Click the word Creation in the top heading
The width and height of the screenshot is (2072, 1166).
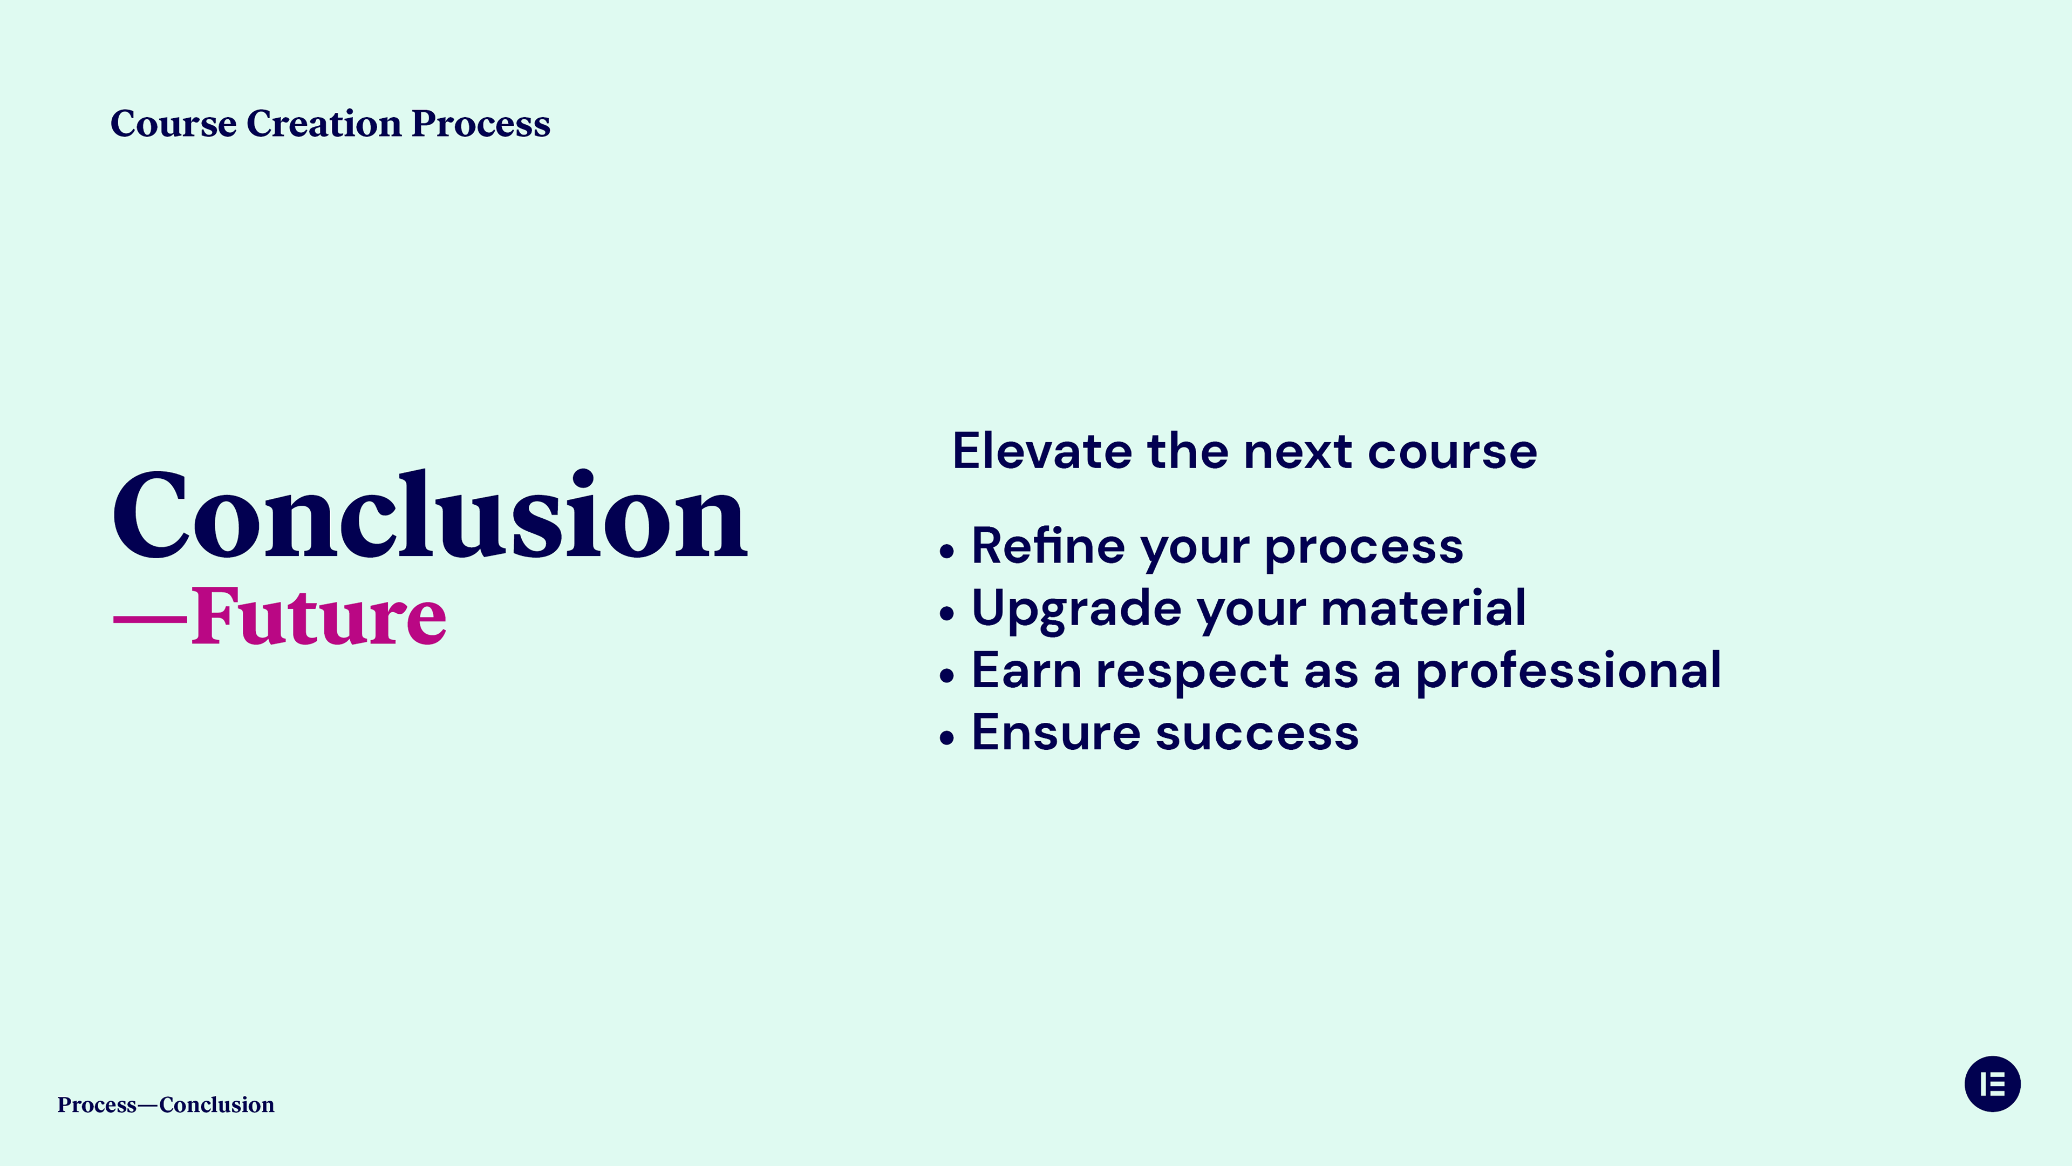pyautogui.click(x=324, y=124)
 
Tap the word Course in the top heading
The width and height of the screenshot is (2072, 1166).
pyautogui.click(x=174, y=124)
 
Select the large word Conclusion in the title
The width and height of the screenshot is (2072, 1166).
pyautogui.click(x=431, y=514)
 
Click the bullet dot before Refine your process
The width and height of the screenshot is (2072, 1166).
pyautogui.click(x=947, y=552)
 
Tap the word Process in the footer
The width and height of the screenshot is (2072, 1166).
pyautogui.click(x=97, y=1106)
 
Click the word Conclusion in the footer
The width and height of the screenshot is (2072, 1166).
pyautogui.click(x=216, y=1105)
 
